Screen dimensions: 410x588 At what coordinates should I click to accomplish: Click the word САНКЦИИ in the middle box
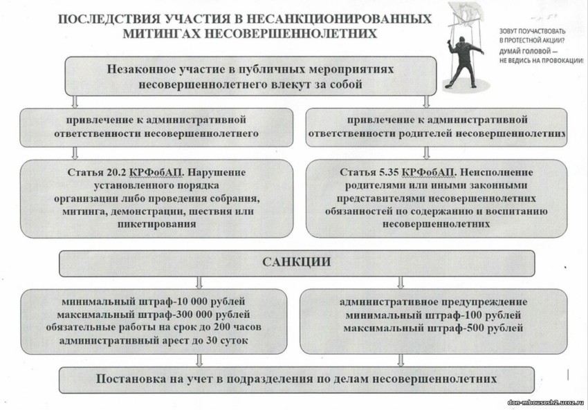296,262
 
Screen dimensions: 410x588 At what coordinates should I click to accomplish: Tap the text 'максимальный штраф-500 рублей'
433,328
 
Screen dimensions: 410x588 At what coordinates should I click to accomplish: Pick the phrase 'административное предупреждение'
433,302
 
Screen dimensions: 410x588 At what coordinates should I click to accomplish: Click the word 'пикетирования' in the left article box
153,224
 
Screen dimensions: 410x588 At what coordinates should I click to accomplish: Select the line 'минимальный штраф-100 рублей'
433,315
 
